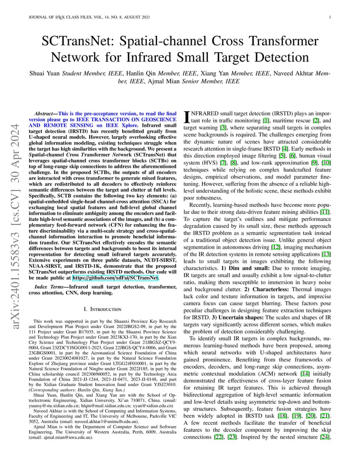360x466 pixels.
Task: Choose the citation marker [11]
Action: point(325,211)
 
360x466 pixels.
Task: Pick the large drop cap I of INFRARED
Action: point(187,116)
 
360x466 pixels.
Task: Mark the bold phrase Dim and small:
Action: point(241,268)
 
